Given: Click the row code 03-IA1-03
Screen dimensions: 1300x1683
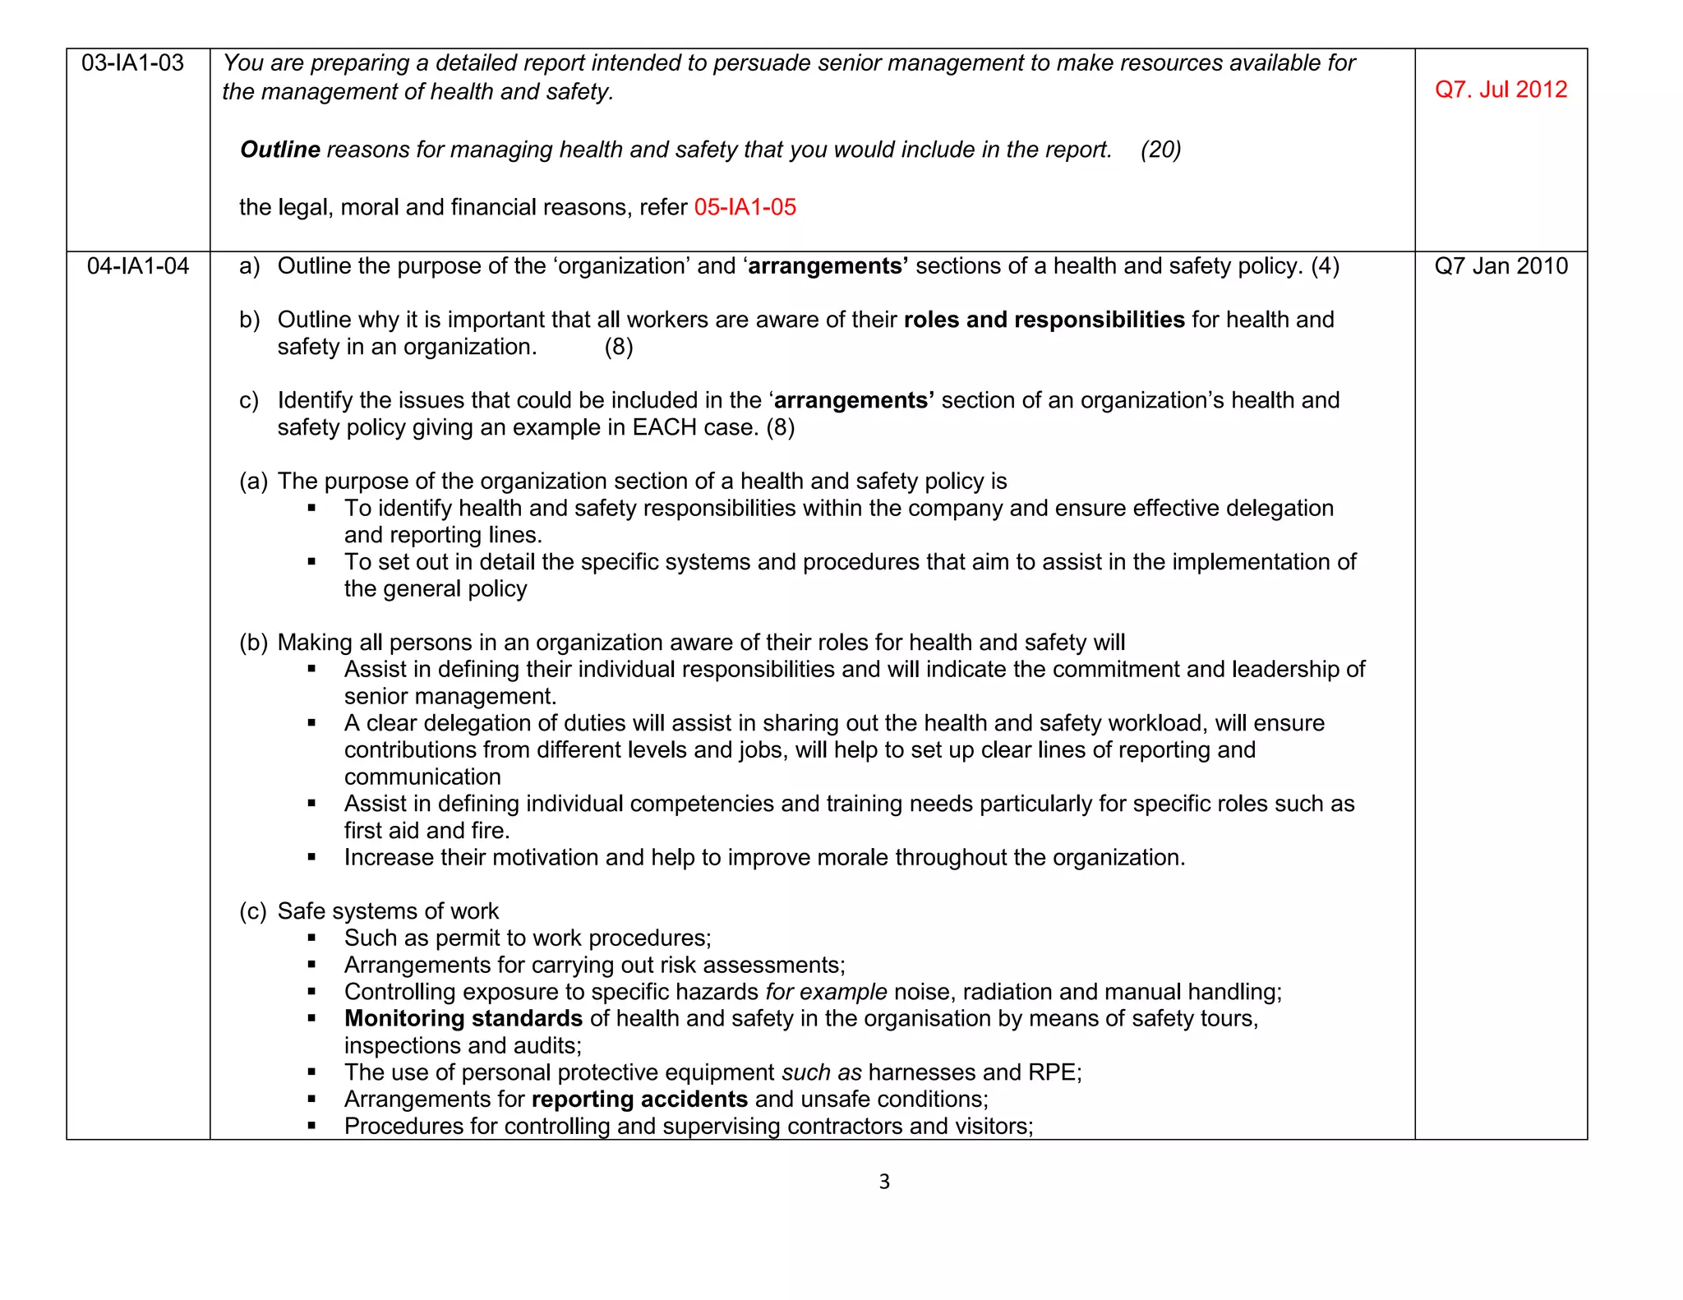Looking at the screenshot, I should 132,63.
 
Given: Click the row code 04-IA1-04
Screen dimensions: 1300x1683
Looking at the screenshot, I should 138,266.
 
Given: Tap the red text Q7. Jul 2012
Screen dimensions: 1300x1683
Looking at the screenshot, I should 1501,90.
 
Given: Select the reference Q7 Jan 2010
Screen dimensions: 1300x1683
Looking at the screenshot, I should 1501,266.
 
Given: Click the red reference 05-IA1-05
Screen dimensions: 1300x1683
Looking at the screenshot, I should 745,207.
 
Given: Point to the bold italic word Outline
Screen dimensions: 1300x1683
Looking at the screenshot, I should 279,150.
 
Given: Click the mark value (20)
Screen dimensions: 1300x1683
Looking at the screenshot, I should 1160,150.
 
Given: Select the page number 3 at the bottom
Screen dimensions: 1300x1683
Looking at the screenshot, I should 884,1182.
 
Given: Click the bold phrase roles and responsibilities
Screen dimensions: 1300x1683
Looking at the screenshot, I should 1044,320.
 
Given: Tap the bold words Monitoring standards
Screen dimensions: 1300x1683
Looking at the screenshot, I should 463,1019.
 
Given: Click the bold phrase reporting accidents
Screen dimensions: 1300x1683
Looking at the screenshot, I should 639,1099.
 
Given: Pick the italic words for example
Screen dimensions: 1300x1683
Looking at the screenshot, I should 826,993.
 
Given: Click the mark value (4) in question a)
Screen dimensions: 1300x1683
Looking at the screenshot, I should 1325,266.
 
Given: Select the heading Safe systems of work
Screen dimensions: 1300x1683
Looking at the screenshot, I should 388,911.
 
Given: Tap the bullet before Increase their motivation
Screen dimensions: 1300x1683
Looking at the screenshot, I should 312,858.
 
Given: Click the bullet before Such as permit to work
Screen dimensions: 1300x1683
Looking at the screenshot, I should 312,938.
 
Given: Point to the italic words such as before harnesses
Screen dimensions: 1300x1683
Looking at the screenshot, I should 821,1073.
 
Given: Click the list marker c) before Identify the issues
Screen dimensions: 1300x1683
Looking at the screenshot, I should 248,401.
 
